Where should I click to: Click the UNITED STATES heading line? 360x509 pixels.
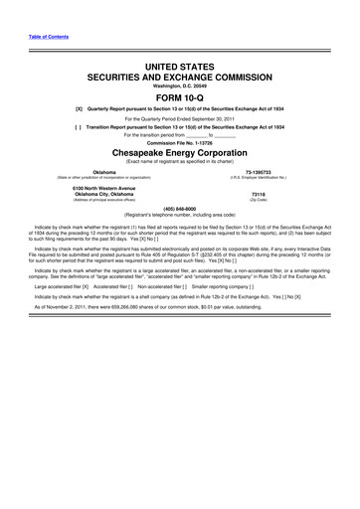(x=180, y=63)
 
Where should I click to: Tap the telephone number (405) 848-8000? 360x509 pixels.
(x=180, y=209)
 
